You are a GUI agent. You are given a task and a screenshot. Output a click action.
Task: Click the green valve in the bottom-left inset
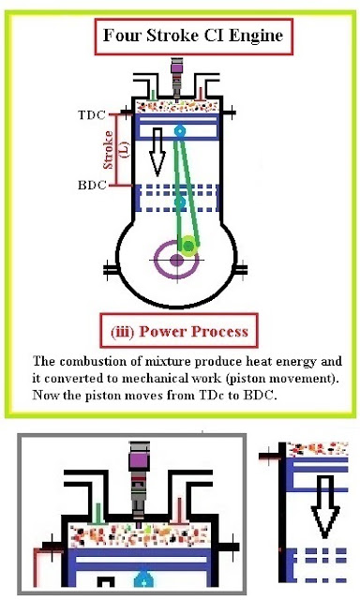pyautogui.click(x=97, y=514)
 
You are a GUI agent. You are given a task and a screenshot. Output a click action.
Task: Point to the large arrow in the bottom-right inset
pyautogui.click(x=322, y=506)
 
